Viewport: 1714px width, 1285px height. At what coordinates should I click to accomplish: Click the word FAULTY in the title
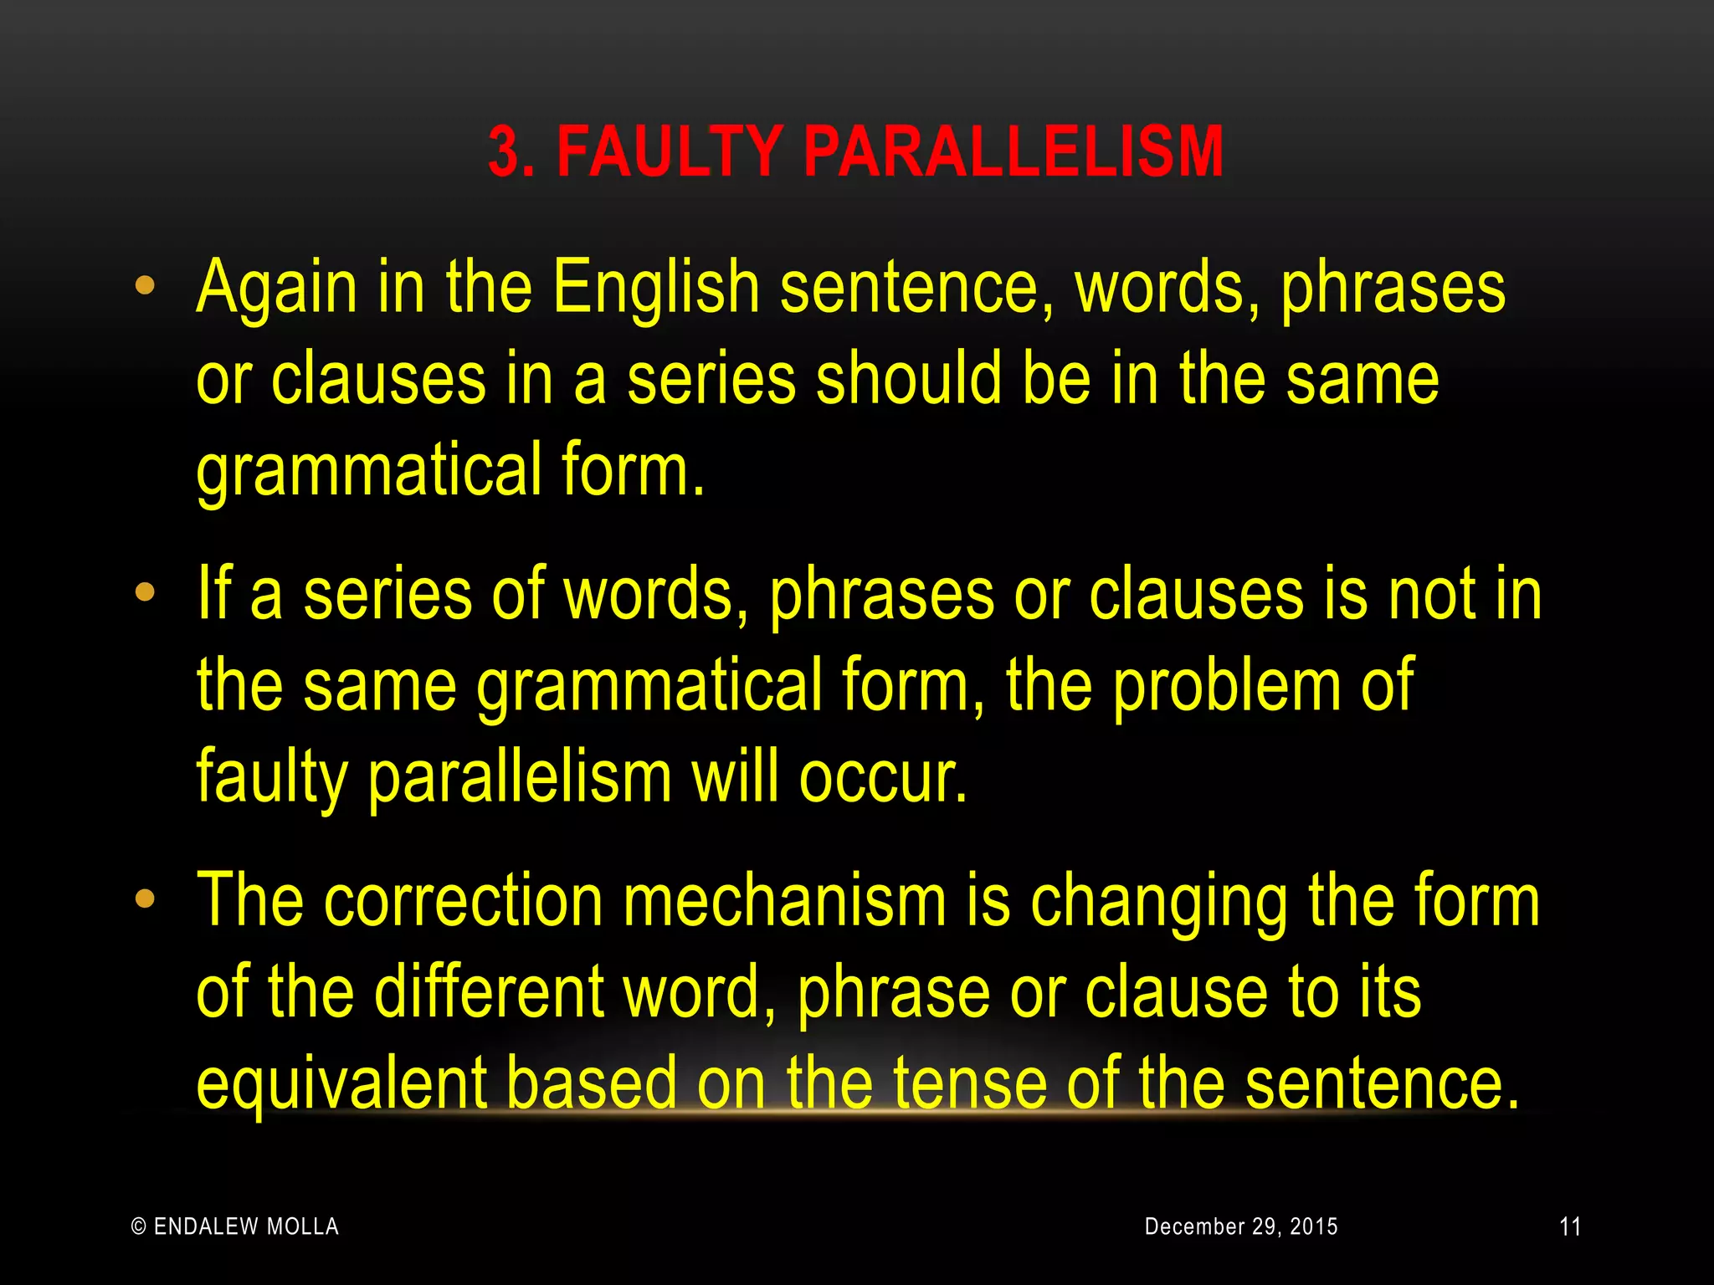click(670, 152)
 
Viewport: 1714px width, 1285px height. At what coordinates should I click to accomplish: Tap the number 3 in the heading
click(505, 152)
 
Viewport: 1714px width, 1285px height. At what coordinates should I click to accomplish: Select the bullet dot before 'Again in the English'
click(145, 286)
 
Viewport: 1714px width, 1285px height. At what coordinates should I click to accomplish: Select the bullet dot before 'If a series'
click(145, 592)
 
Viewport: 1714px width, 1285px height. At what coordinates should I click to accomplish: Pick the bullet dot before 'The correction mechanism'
click(145, 899)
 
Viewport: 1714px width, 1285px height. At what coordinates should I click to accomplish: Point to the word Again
click(276, 289)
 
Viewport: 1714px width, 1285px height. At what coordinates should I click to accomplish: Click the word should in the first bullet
click(908, 379)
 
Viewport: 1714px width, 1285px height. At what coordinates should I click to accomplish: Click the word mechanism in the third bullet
click(785, 902)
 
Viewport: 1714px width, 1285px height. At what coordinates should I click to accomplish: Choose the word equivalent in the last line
click(341, 1083)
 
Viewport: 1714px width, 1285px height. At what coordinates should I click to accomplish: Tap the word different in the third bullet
click(488, 992)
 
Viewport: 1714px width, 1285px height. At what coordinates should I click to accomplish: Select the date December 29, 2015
click(1241, 1226)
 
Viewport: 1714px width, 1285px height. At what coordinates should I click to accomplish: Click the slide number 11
click(1570, 1227)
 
